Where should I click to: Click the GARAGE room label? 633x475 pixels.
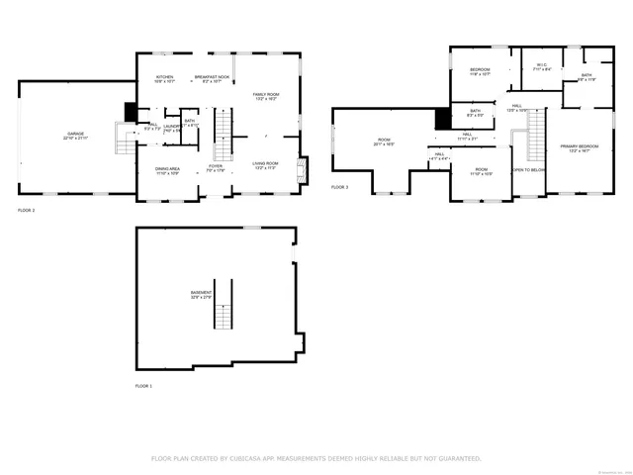(x=75, y=136)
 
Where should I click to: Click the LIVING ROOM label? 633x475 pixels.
(x=264, y=165)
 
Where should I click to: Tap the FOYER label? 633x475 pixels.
(x=215, y=169)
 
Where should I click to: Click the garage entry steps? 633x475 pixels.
(x=126, y=142)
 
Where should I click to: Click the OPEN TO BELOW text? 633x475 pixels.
(x=528, y=170)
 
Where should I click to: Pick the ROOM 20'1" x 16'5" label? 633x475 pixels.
(x=385, y=142)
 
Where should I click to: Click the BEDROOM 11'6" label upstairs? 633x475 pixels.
(x=480, y=71)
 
